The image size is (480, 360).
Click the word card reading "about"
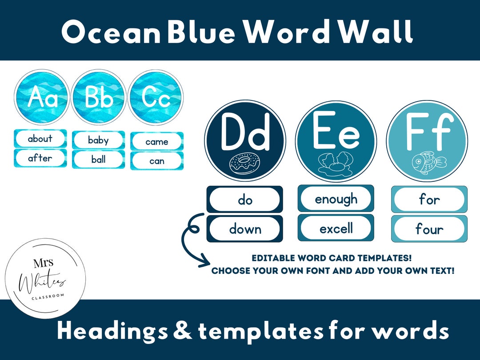click(40, 139)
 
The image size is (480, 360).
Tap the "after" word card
click(40, 158)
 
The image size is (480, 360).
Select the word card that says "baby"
click(98, 140)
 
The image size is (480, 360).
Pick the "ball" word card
click(98, 160)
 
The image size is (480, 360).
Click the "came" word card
click(157, 142)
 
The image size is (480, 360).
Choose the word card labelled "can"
click(157, 161)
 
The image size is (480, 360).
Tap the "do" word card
click(245, 200)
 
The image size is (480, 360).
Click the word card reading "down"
click(245, 229)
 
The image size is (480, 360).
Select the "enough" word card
click(336, 199)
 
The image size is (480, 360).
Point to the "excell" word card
click(336, 228)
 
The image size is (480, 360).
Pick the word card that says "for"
click(429, 199)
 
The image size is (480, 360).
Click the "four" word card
click(429, 229)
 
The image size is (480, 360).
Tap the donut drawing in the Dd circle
click(244, 163)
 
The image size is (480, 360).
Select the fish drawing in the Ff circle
click(426, 163)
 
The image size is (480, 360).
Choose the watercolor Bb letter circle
click(98, 97)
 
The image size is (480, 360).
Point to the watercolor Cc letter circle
click(156, 97)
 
